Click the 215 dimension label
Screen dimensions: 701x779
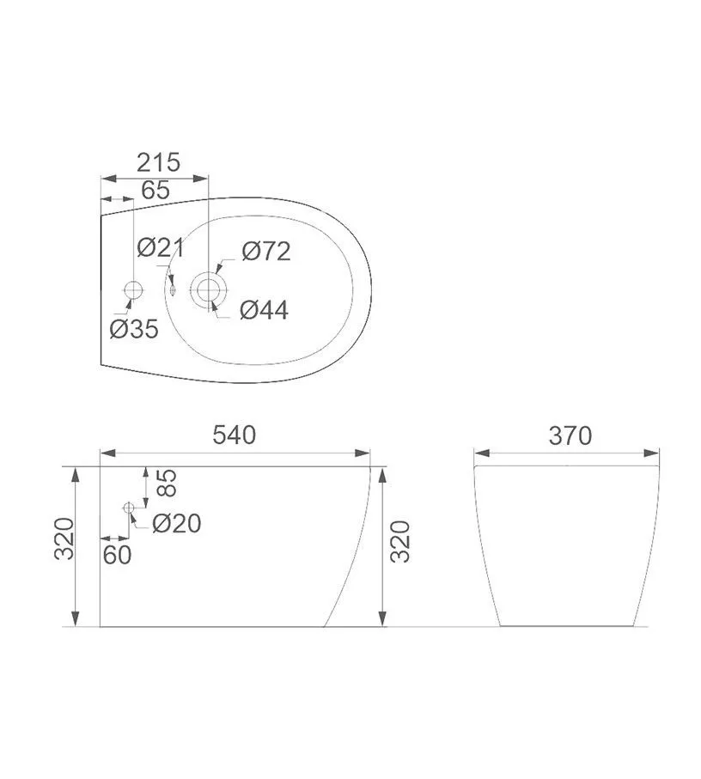158,162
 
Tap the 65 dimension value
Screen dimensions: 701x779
155,190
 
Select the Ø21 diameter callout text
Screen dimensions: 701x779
161,247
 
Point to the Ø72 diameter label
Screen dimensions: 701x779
266,252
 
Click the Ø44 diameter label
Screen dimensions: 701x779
265,310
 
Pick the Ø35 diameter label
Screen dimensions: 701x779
134,328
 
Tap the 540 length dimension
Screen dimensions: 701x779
235,435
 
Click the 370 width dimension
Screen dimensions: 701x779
570,435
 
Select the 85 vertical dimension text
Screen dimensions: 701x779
168,483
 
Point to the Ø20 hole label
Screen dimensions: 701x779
177,523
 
